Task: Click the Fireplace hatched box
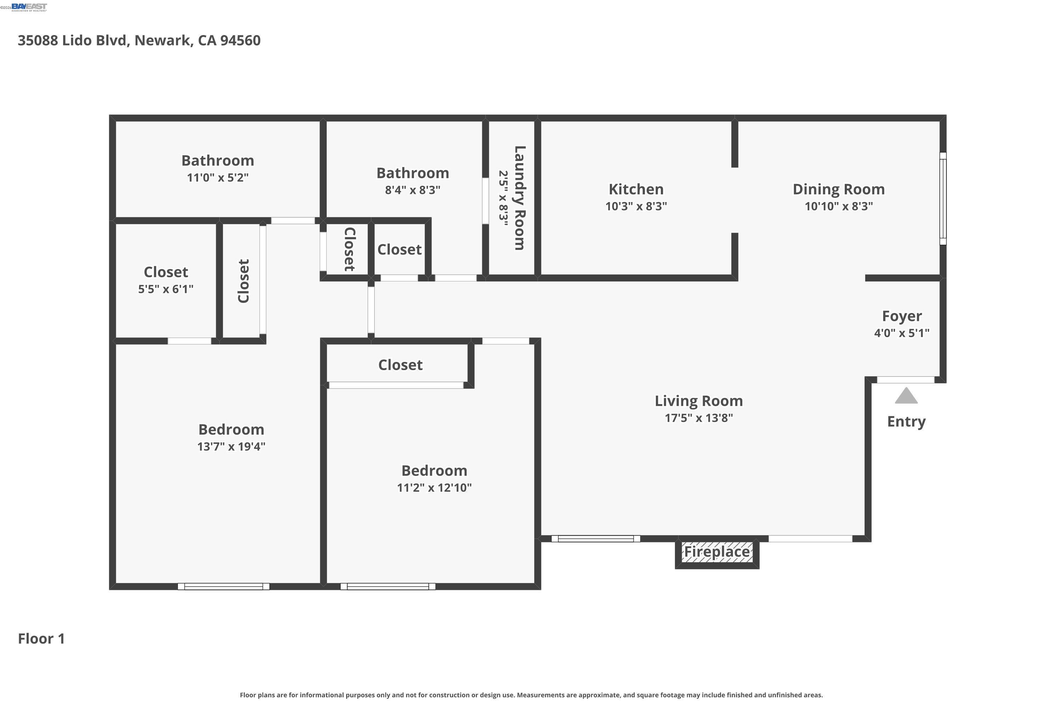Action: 717,553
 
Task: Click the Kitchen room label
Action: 636,189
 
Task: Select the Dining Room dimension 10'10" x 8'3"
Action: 838,206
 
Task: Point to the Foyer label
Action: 902,316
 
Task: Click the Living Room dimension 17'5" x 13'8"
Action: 698,418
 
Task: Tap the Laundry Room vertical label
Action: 520,198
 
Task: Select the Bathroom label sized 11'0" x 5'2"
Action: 218,161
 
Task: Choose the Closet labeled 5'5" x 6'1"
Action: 166,272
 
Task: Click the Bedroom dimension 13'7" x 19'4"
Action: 231,447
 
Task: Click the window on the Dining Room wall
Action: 943,199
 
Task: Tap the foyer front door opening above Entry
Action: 905,380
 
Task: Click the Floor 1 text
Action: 41,638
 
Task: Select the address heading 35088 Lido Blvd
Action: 139,40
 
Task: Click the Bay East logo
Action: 29,7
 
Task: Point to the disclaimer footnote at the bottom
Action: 531,695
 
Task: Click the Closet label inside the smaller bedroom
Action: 400,365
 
